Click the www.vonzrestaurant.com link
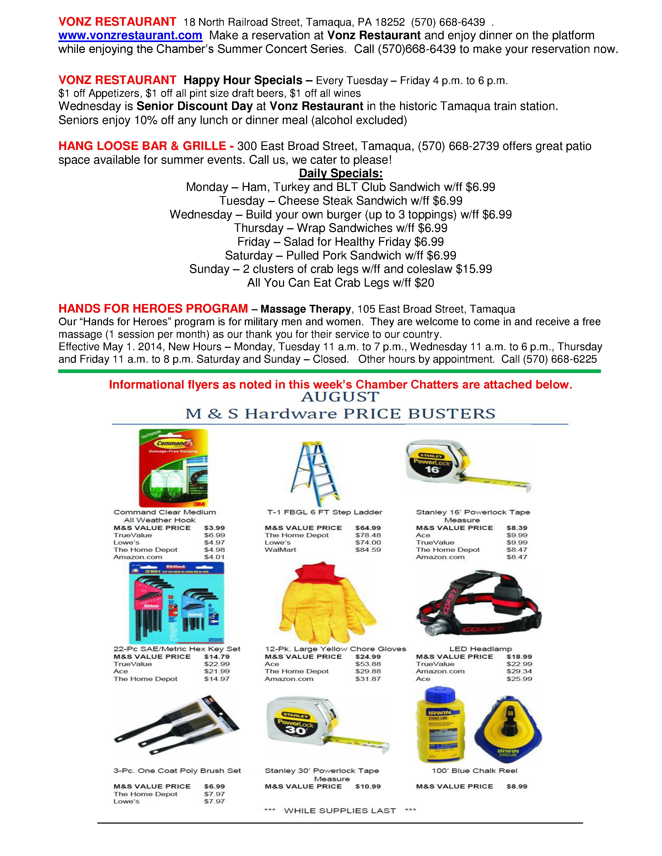[130, 36]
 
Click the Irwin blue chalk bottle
[440, 725]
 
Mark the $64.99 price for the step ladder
[368, 528]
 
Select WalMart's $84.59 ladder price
[368, 550]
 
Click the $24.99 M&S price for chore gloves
[368, 657]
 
